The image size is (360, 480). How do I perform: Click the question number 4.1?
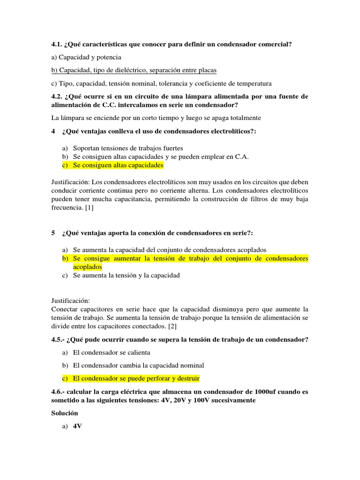[x=57, y=45]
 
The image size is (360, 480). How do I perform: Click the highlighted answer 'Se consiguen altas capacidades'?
[x=118, y=165]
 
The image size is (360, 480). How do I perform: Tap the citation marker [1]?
[x=89, y=208]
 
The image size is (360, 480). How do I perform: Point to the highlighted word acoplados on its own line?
[x=87, y=267]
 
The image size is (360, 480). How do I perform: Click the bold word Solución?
[x=64, y=413]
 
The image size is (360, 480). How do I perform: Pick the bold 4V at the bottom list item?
[x=78, y=427]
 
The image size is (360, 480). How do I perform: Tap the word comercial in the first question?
[x=276, y=45]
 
